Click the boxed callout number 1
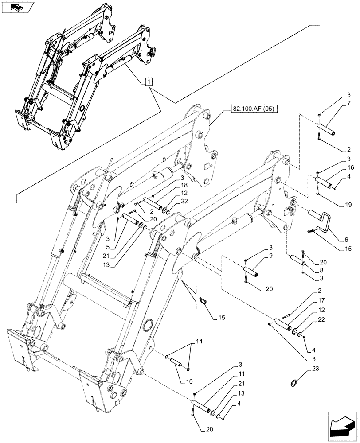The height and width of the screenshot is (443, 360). pos(149,82)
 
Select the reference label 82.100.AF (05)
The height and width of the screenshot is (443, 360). pos(253,108)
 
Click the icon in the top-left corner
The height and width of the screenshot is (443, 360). pos(17,7)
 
